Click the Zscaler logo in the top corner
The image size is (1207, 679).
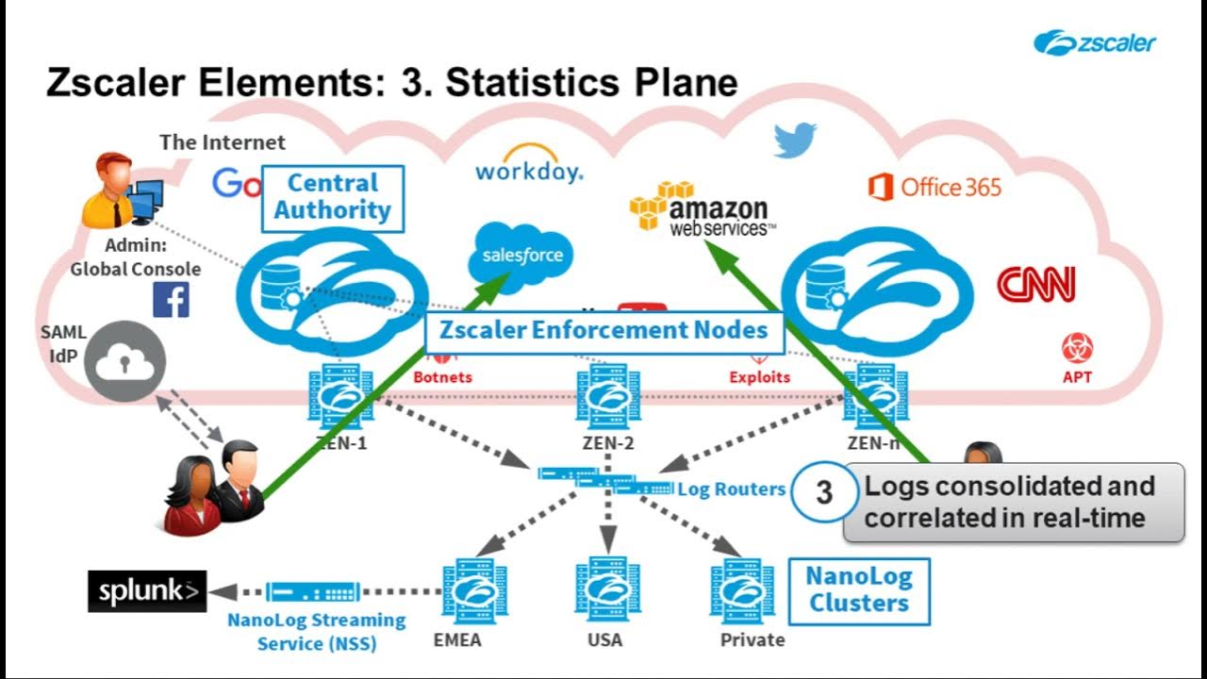(1094, 42)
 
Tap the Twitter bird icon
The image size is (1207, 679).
(795, 140)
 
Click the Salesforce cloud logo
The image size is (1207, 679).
(521, 254)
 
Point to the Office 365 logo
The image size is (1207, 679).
(934, 187)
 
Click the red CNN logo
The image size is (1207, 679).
(1035, 284)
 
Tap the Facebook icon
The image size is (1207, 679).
(171, 300)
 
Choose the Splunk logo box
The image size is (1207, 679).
(147, 591)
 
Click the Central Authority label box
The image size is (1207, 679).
(332, 198)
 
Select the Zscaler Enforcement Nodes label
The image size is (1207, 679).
(604, 331)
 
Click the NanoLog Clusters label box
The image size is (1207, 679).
(858, 589)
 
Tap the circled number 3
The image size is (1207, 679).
(823, 492)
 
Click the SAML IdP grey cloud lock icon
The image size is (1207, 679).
(124, 360)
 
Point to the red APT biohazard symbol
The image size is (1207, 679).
(1077, 348)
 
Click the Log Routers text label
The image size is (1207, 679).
(731, 489)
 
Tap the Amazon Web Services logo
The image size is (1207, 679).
(703, 207)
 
